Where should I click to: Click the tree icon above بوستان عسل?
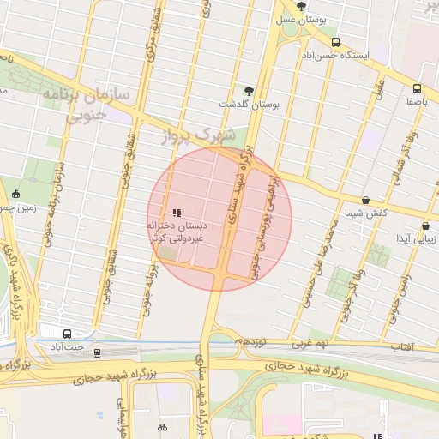tap(298, 5)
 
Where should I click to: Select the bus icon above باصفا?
tap(417, 88)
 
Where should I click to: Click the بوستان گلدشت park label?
tap(250, 104)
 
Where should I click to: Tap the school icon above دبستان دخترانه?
tap(177, 213)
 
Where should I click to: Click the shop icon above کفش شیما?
tap(366, 200)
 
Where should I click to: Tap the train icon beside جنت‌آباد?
tap(97, 352)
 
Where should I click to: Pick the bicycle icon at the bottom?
tap(162, 427)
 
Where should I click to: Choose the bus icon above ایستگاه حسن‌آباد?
tap(334, 42)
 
